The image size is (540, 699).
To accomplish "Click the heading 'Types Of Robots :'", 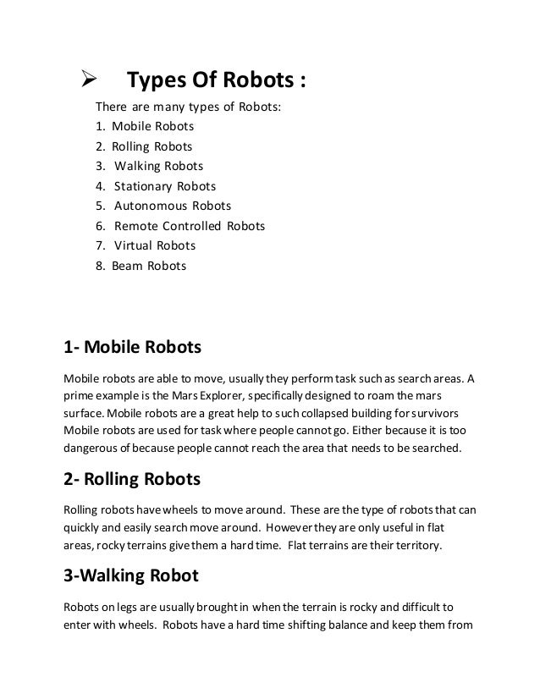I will [216, 83].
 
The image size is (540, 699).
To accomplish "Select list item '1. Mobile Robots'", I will [145, 127].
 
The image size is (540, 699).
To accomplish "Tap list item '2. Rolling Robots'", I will [144, 146].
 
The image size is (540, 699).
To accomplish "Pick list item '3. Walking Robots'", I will [149, 166].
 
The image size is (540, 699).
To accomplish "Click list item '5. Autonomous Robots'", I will [163, 206].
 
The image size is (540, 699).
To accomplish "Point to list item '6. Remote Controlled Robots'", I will [180, 226].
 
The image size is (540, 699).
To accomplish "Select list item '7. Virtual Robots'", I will [146, 245].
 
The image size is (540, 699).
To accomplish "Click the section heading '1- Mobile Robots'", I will [135, 347].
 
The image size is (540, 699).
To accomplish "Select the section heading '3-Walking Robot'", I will [131, 576].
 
